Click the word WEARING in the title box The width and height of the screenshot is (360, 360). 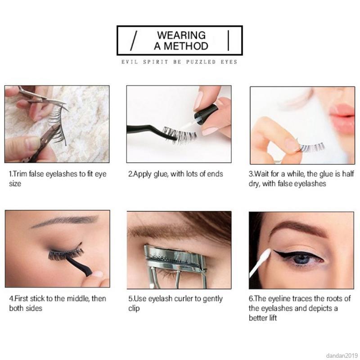[181, 35]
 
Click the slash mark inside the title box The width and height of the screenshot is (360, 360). [134, 40]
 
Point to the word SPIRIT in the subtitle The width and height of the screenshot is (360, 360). [156, 62]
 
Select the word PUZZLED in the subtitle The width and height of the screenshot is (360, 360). [201, 62]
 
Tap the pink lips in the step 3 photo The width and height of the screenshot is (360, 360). [342, 118]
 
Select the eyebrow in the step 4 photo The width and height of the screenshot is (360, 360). [65, 221]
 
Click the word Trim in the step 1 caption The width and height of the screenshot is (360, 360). [20, 174]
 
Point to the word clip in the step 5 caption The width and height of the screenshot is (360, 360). [134, 308]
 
